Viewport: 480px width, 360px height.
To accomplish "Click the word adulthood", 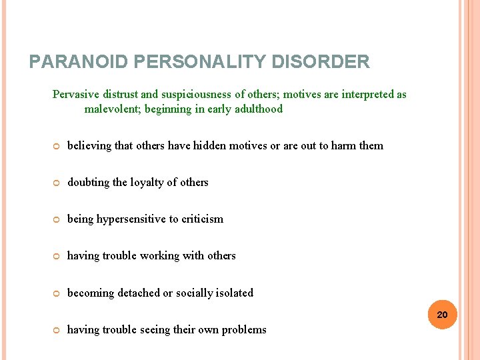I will [x=259, y=109].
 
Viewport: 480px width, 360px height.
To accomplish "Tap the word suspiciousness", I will [x=196, y=94].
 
